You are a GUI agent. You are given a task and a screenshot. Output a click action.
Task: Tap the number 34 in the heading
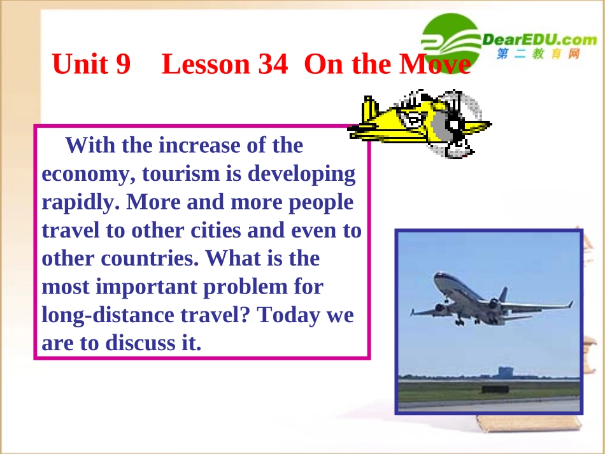pyautogui.click(x=273, y=64)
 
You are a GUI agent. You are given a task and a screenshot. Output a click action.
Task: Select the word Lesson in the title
pyautogui.click(x=206, y=64)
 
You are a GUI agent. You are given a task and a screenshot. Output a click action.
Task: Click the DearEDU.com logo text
pyautogui.click(x=540, y=40)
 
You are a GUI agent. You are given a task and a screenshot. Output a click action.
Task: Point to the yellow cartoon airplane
pyautogui.click(x=417, y=122)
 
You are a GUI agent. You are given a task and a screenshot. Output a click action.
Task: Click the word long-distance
pyautogui.click(x=109, y=315)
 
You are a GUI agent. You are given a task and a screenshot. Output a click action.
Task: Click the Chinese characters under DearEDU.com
pyautogui.click(x=539, y=55)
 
